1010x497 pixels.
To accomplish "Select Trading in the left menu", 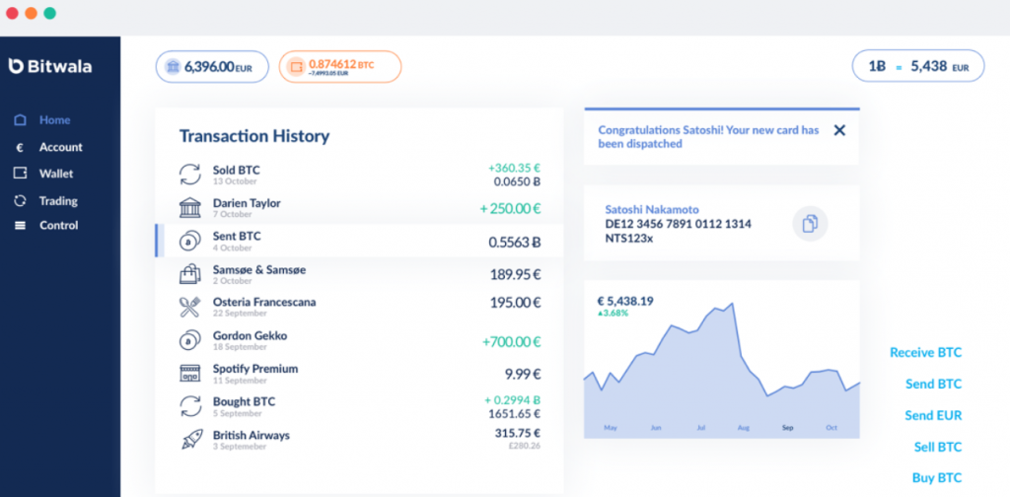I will [x=58, y=200].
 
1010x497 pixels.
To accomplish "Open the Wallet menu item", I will [x=56, y=174].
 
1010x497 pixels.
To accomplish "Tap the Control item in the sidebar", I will [x=58, y=226].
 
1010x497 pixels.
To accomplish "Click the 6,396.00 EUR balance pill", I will [x=211, y=66].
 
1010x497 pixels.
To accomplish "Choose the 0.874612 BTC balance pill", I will [x=339, y=66].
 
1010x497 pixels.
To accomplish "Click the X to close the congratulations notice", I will [x=839, y=130].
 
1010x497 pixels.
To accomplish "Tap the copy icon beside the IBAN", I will [x=810, y=224].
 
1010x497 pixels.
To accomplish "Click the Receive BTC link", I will [x=925, y=352].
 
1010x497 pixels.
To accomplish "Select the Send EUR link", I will [x=933, y=415].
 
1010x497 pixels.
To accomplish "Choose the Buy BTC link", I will [x=936, y=478].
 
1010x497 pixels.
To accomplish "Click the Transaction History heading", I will [x=254, y=136].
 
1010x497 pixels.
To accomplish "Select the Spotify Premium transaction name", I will [x=254, y=369].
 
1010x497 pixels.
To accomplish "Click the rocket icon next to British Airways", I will [x=190, y=440].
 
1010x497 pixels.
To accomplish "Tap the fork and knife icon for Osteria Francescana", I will [x=190, y=307].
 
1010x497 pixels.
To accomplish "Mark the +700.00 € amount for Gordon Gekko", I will [x=512, y=342].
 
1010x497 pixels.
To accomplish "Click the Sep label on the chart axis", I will [x=787, y=428].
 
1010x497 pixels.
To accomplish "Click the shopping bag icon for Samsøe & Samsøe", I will [x=190, y=274].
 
